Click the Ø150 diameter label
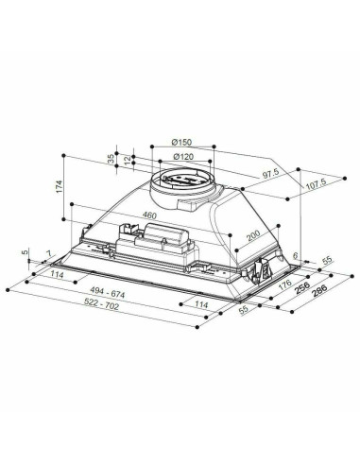(182, 142)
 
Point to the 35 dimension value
(111, 158)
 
